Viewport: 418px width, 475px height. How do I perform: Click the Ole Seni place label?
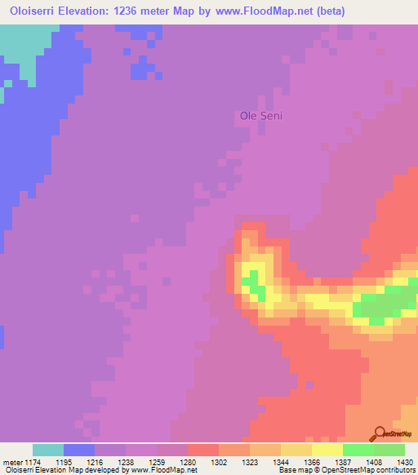click(260, 116)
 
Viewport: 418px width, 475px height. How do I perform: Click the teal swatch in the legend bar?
click(48, 450)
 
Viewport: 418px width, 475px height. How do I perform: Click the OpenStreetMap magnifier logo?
click(380, 433)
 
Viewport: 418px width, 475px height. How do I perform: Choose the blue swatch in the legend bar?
click(79, 450)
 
